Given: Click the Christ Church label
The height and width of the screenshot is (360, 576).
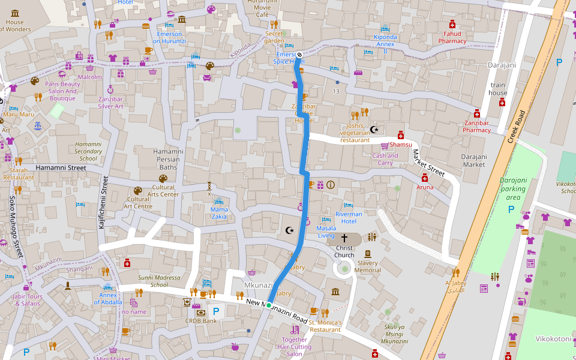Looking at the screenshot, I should (x=344, y=251).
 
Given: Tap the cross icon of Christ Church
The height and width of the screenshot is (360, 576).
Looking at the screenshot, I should (x=344, y=238).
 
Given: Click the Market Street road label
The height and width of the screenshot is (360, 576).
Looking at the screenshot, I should (x=428, y=163).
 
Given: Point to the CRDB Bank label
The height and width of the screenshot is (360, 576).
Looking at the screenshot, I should (x=201, y=320).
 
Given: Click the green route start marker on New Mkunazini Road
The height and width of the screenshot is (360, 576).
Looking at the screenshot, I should (x=269, y=305).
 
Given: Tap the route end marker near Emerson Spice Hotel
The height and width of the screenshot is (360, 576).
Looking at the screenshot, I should (x=299, y=55).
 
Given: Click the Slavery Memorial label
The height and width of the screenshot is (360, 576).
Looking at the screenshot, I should (x=367, y=266).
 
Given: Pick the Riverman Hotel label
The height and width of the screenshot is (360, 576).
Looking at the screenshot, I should (x=349, y=217).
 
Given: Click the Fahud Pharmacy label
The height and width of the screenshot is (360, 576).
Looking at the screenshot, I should (x=452, y=37).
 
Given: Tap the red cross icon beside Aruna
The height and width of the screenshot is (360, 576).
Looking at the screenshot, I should (x=425, y=178).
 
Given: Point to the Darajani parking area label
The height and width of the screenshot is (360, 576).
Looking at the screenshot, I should (x=512, y=188).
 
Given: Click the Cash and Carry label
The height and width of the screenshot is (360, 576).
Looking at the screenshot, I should (x=385, y=159).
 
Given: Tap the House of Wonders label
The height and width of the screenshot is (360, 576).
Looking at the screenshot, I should (x=14, y=26).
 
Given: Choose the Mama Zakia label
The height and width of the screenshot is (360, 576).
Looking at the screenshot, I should (x=219, y=213).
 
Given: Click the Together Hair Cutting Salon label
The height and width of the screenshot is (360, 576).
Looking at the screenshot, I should (x=295, y=347).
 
